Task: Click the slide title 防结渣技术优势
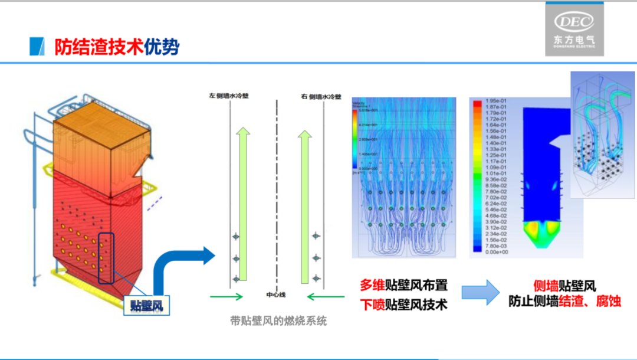tap(117, 47)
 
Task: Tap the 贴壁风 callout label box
tap(146, 305)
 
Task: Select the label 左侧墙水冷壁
tap(228, 95)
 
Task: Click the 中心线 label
tap(275, 294)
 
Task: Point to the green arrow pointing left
tap(326, 296)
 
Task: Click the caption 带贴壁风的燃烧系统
tap(278, 322)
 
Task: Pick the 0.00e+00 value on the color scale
tap(494, 251)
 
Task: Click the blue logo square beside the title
tap(37, 47)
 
